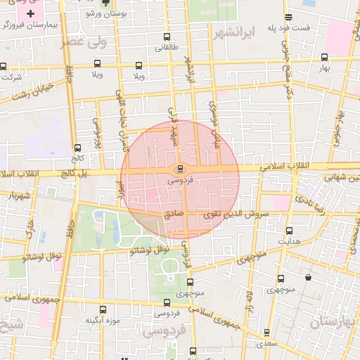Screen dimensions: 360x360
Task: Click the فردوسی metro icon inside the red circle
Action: pos(181,169)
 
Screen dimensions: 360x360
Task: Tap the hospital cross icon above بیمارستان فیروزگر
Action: pos(30,13)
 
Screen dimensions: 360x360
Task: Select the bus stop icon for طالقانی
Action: pos(167,37)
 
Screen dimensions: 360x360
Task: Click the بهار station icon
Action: pos(324,58)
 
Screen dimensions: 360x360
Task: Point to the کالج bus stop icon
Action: pos(77,148)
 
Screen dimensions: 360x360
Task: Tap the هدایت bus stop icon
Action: pos(289,231)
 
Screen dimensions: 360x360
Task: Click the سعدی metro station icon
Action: pos(266,333)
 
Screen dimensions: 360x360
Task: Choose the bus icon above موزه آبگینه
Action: pos(103,309)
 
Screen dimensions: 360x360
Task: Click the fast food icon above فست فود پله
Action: pos(289,18)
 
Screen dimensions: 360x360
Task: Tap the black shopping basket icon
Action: pos(308,277)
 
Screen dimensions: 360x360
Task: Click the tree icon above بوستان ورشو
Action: pos(105,3)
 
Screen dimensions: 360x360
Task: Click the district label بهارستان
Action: pos(335,322)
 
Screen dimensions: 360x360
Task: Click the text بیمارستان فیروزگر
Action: pos(30,25)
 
